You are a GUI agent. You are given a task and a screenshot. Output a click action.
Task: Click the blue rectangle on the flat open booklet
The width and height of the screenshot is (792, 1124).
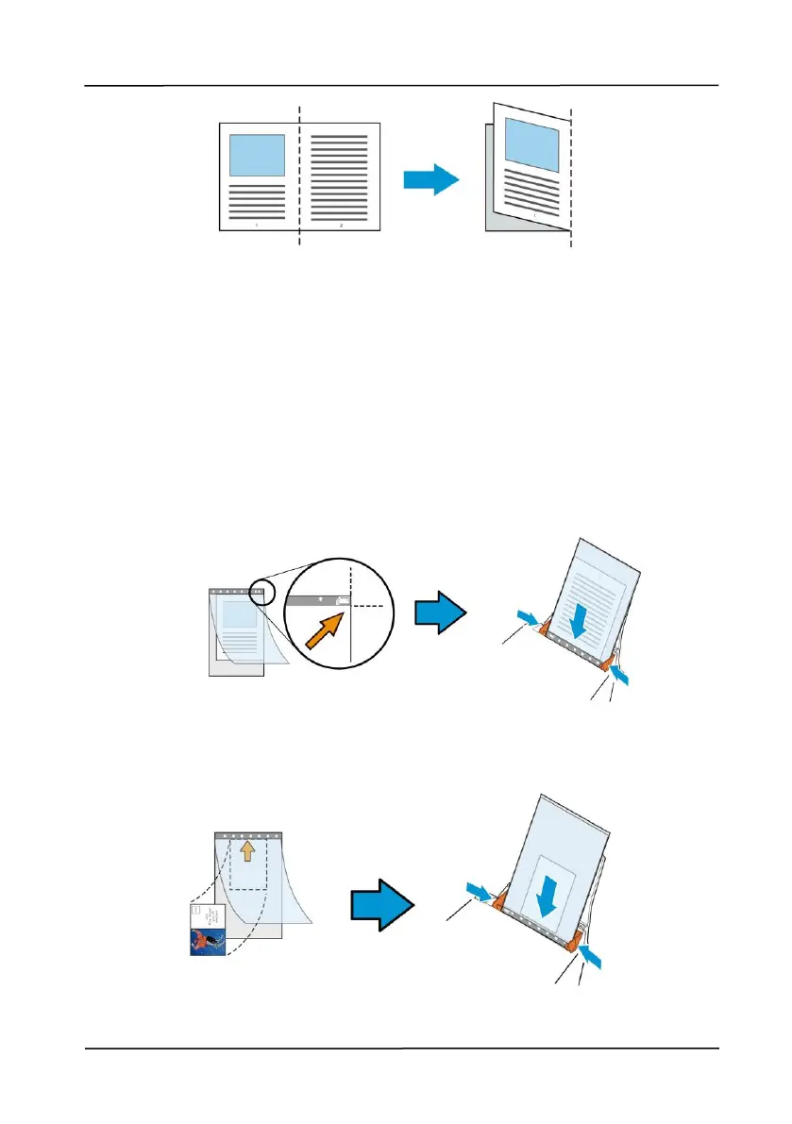pos(257,155)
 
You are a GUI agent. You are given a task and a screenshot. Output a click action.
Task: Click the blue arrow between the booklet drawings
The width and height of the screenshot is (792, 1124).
pos(430,180)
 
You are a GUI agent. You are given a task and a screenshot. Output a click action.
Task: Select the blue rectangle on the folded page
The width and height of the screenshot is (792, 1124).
pos(531,143)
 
